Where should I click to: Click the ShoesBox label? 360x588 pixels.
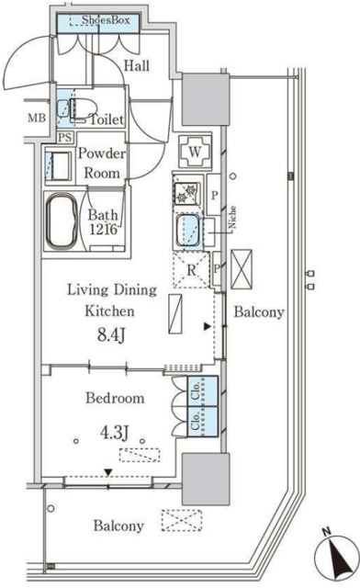pos(106,20)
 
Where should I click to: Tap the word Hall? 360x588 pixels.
pos(137,66)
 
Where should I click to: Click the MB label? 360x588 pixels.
pos(37,119)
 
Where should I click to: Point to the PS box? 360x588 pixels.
pos(65,137)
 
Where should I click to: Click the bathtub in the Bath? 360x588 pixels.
pos(62,220)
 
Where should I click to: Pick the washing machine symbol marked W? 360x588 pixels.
pos(195,152)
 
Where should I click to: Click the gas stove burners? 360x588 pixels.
pos(187,193)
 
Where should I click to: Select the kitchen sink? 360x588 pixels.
pos(188,231)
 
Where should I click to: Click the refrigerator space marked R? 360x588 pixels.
pos(191,269)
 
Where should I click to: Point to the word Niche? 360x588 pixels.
pos(232,217)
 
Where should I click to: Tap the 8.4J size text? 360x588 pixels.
pos(110,334)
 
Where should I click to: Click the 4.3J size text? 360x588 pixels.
pos(115,433)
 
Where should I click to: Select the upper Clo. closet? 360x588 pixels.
pos(202,390)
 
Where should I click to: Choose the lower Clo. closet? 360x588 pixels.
pos(202,421)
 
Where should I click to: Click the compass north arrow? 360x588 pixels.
pos(337,556)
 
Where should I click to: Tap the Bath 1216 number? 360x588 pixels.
pos(103,229)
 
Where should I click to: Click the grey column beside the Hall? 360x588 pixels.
pos(206,99)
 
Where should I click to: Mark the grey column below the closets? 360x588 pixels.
pos(206,479)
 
